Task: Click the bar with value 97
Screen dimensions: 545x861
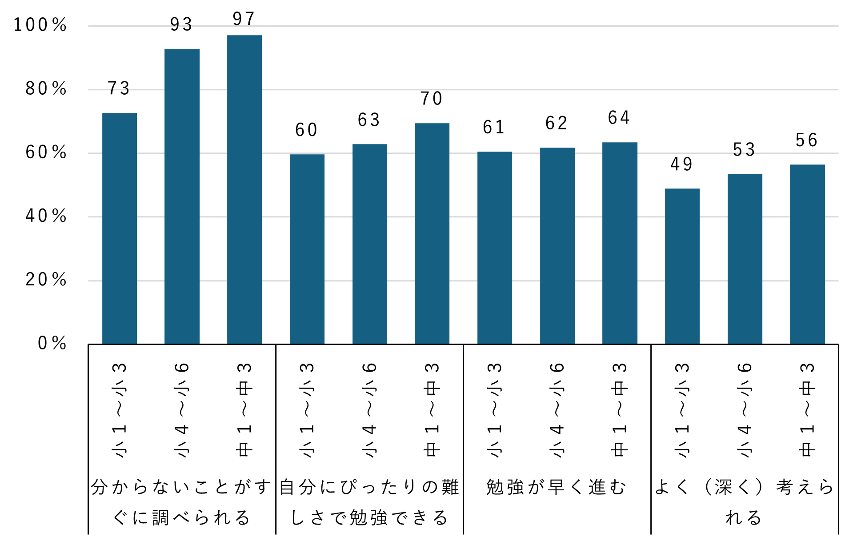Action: click(x=244, y=189)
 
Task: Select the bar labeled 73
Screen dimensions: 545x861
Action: click(x=119, y=228)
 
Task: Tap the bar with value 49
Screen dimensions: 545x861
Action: click(x=682, y=266)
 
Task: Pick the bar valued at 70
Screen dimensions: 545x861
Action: click(x=432, y=233)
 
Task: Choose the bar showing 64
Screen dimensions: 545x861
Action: click(x=619, y=243)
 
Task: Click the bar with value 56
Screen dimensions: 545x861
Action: click(x=807, y=254)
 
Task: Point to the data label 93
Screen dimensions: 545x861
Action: click(x=181, y=25)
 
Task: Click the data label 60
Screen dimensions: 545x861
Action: click(x=307, y=130)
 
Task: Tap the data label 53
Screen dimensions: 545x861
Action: click(x=744, y=150)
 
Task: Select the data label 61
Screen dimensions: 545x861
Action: click(x=494, y=128)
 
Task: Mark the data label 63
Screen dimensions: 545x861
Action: click(x=369, y=120)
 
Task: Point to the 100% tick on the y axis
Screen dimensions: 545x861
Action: click(x=40, y=25)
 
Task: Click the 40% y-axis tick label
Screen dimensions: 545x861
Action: click(x=46, y=216)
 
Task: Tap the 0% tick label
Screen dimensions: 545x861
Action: click(x=52, y=343)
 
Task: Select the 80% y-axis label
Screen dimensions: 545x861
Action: click(x=46, y=89)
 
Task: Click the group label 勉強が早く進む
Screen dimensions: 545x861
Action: click(x=557, y=487)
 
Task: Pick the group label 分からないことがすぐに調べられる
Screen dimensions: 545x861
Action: click(x=181, y=502)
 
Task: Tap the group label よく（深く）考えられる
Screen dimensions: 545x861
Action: click(x=744, y=502)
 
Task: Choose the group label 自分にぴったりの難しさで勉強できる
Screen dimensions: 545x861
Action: click(x=369, y=502)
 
